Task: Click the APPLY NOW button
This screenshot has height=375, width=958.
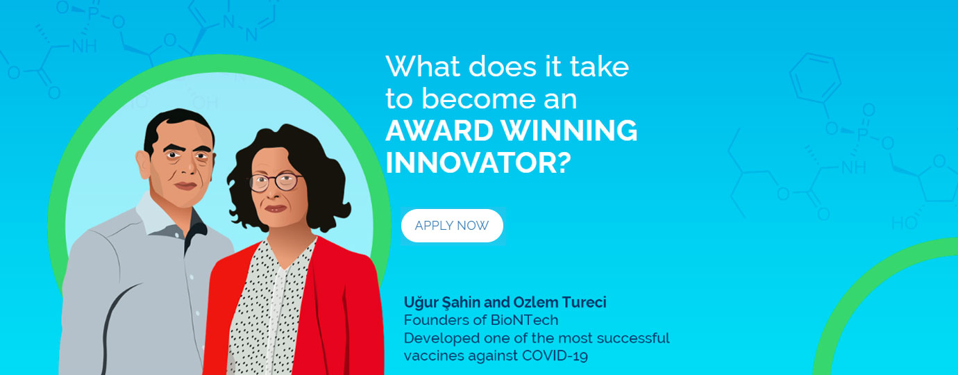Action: pyautogui.click(x=452, y=225)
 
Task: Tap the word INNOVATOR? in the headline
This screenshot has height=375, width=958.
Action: pyautogui.click(x=478, y=162)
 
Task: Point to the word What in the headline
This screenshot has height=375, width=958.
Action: pyautogui.click(x=424, y=67)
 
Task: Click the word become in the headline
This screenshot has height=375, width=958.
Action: pyautogui.click(x=478, y=99)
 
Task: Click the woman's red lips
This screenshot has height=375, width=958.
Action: pyautogui.click(x=276, y=208)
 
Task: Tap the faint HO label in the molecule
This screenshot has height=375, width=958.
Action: pyautogui.click(x=905, y=223)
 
